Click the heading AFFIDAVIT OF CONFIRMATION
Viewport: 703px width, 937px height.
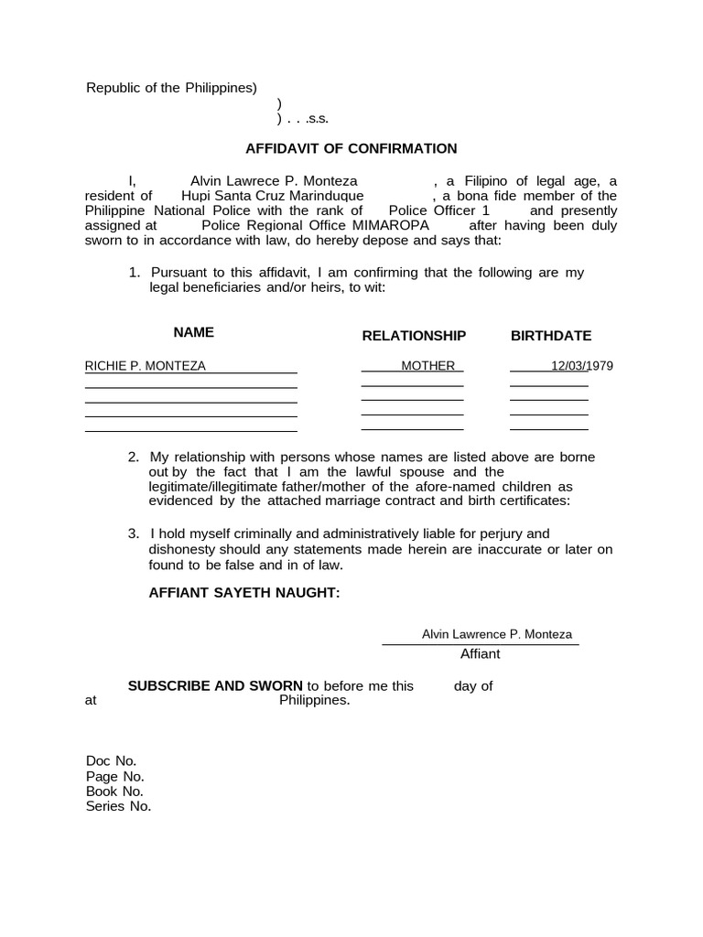tap(351, 148)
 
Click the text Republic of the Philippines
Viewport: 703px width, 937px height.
tap(171, 88)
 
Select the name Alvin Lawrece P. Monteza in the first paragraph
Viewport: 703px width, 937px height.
tap(273, 181)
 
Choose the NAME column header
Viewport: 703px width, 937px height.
tap(194, 332)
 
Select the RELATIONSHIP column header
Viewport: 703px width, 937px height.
tap(414, 336)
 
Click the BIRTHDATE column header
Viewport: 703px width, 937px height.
tap(551, 336)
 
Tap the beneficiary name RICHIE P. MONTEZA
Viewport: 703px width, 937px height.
tap(146, 366)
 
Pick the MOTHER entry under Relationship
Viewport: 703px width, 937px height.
tap(427, 366)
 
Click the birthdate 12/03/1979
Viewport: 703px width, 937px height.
tap(581, 366)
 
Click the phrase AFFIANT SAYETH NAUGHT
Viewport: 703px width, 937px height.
tap(244, 593)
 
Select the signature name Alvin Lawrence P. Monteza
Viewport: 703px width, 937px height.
tap(496, 634)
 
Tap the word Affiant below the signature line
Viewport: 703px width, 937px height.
tap(480, 654)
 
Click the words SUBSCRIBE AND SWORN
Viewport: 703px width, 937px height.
tap(215, 686)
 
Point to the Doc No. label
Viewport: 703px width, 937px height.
tap(111, 761)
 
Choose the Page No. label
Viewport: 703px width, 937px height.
tap(114, 776)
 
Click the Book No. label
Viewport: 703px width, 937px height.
tap(114, 792)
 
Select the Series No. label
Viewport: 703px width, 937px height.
tap(118, 806)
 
